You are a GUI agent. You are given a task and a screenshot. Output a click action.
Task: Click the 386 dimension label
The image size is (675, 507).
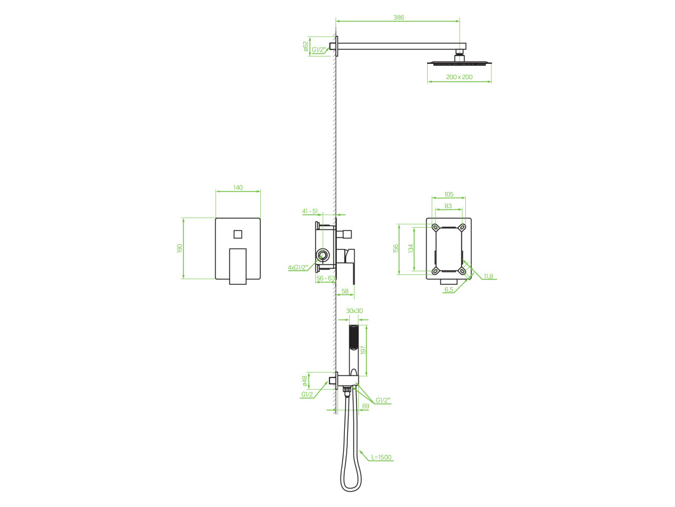(399, 18)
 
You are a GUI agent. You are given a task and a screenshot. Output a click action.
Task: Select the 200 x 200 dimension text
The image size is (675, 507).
(460, 77)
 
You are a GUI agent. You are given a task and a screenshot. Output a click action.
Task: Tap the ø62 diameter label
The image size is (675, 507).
(306, 47)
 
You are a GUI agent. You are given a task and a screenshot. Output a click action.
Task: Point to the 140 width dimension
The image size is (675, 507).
(238, 187)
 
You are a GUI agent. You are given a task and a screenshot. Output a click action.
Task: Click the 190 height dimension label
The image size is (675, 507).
(180, 248)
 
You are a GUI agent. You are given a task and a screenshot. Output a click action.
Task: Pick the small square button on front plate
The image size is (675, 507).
(238, 234)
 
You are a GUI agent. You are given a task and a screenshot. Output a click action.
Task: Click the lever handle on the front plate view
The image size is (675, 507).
(237, 266)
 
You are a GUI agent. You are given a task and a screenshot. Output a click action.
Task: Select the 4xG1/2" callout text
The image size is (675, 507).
(298, 268)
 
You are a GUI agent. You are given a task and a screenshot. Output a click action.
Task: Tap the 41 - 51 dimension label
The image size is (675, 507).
(310, 211)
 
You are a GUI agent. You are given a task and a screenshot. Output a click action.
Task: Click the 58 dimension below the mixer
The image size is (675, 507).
(345, 291)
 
